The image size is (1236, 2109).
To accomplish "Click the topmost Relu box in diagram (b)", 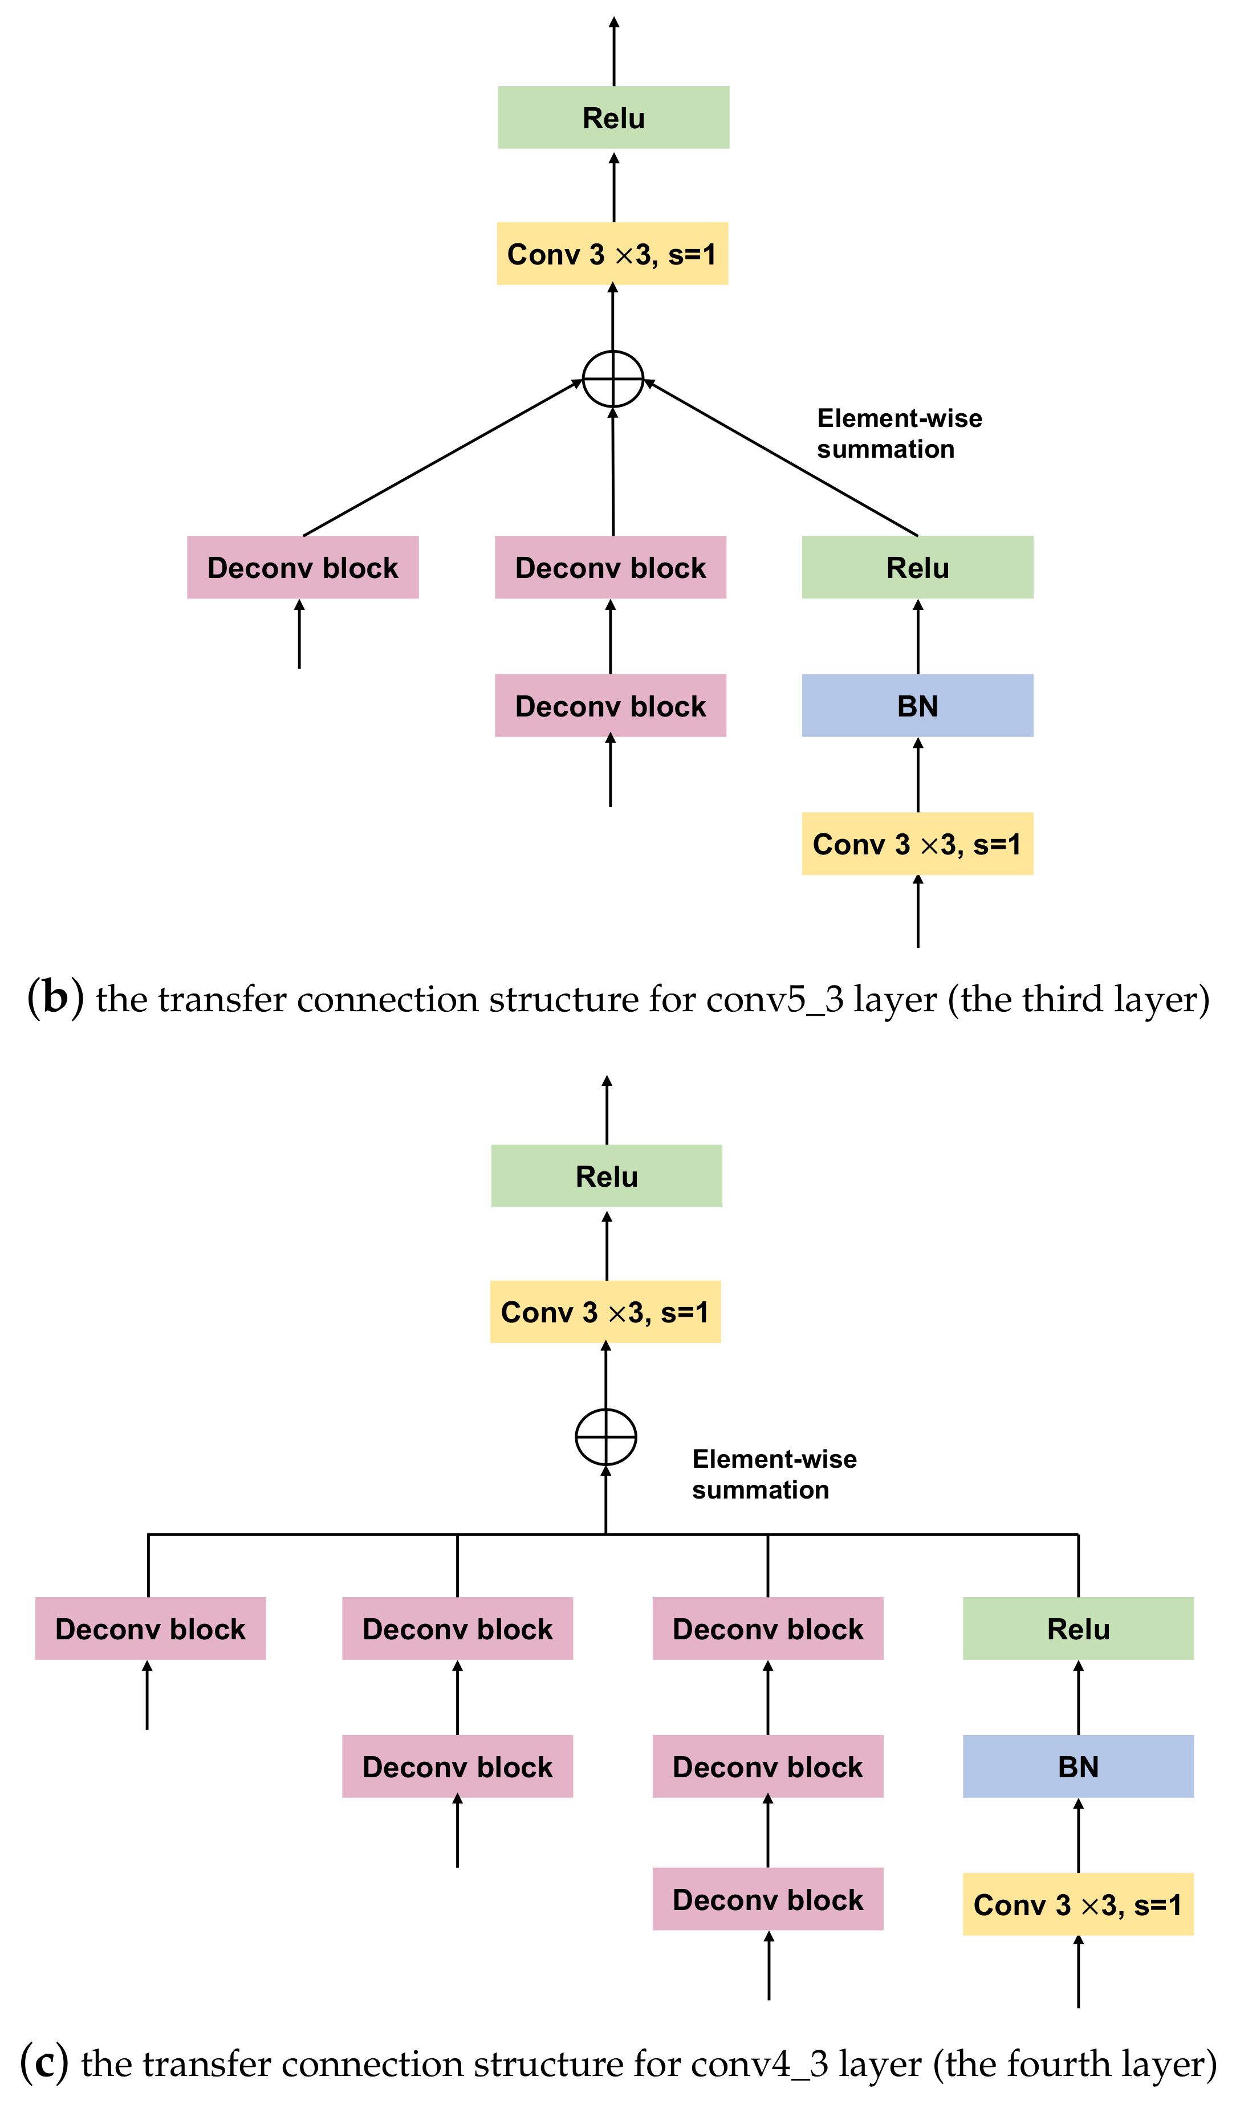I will [613, 117].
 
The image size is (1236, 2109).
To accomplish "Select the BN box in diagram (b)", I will [917, 706].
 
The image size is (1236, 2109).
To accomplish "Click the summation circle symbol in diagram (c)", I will [606, 1437].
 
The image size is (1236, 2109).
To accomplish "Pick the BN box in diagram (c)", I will [1078, 1766].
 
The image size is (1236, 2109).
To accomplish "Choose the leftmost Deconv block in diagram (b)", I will [302, 567].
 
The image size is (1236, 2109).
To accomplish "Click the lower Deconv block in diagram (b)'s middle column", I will [610, 706].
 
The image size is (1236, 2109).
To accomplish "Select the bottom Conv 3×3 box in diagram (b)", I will [917, 844].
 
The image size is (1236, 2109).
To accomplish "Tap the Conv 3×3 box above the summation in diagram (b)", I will [612, 254].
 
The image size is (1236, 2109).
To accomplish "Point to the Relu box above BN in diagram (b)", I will [917, 567].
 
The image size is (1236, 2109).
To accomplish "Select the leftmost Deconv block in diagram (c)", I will [150, 1628].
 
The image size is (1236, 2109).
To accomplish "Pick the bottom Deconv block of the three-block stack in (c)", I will [767, 1900].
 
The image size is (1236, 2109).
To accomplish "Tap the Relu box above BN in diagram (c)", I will [1078, 1628].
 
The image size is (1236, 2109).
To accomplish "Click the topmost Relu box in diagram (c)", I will [606, 1176].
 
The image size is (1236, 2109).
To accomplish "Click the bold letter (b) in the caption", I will [55, 999].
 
